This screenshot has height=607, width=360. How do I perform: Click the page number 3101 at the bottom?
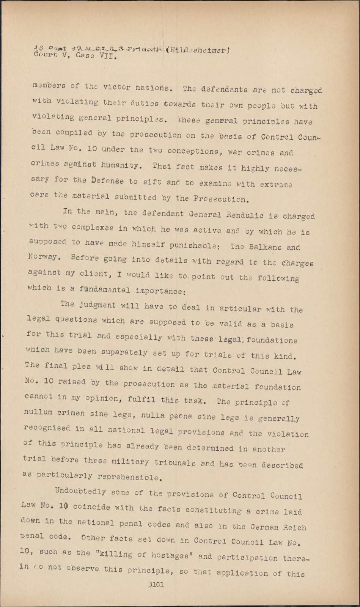click(156, 585)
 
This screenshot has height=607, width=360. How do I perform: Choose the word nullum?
click(39, 412)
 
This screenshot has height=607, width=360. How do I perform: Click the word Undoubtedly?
click(80, 491)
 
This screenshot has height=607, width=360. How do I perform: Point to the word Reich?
click(295, 527)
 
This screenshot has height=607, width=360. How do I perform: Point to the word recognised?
click(47, 428)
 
